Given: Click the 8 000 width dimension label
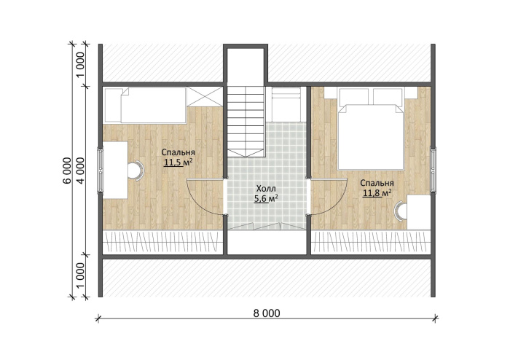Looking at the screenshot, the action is [x=267, y=313].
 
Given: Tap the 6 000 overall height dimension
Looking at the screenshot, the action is [x=66, y=171].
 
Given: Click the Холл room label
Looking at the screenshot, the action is [x=266, y=189].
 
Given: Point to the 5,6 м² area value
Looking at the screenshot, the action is [x=266, y=198].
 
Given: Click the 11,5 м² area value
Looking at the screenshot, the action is [x=178, y=162].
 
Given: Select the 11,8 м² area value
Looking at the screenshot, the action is [x=377, y=193].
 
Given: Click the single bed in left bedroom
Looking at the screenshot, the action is [x=153, y=105].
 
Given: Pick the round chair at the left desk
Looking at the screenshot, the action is [x=136, y=171].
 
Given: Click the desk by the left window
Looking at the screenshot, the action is [x=115, y=170].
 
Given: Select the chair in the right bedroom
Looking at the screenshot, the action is [x=401, y=211].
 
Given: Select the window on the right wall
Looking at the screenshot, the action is [x=433, y=171].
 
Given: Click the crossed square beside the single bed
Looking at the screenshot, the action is [x=205, y=96].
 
